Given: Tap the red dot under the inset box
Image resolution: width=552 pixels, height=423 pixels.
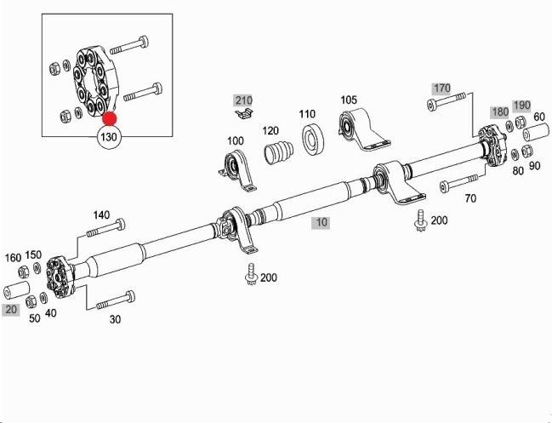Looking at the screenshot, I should (x=111, y=119).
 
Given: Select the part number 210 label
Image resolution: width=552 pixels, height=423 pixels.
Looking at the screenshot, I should (x=244, y=100).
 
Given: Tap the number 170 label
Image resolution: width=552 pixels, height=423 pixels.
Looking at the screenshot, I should (x=441, y=88).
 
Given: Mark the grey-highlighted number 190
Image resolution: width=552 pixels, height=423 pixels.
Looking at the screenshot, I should (x=521, y=105).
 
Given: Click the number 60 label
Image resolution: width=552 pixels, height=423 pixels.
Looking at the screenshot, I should (x=539, y=117).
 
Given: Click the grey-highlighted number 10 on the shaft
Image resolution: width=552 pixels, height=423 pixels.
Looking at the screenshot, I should (x=320, y=223).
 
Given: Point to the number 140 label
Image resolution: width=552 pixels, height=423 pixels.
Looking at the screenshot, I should (x=101, y=214).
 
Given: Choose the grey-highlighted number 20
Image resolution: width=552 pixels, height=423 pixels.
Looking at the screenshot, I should (x=11, y=310).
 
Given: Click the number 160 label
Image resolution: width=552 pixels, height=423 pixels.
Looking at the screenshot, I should (x=13, y=256).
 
